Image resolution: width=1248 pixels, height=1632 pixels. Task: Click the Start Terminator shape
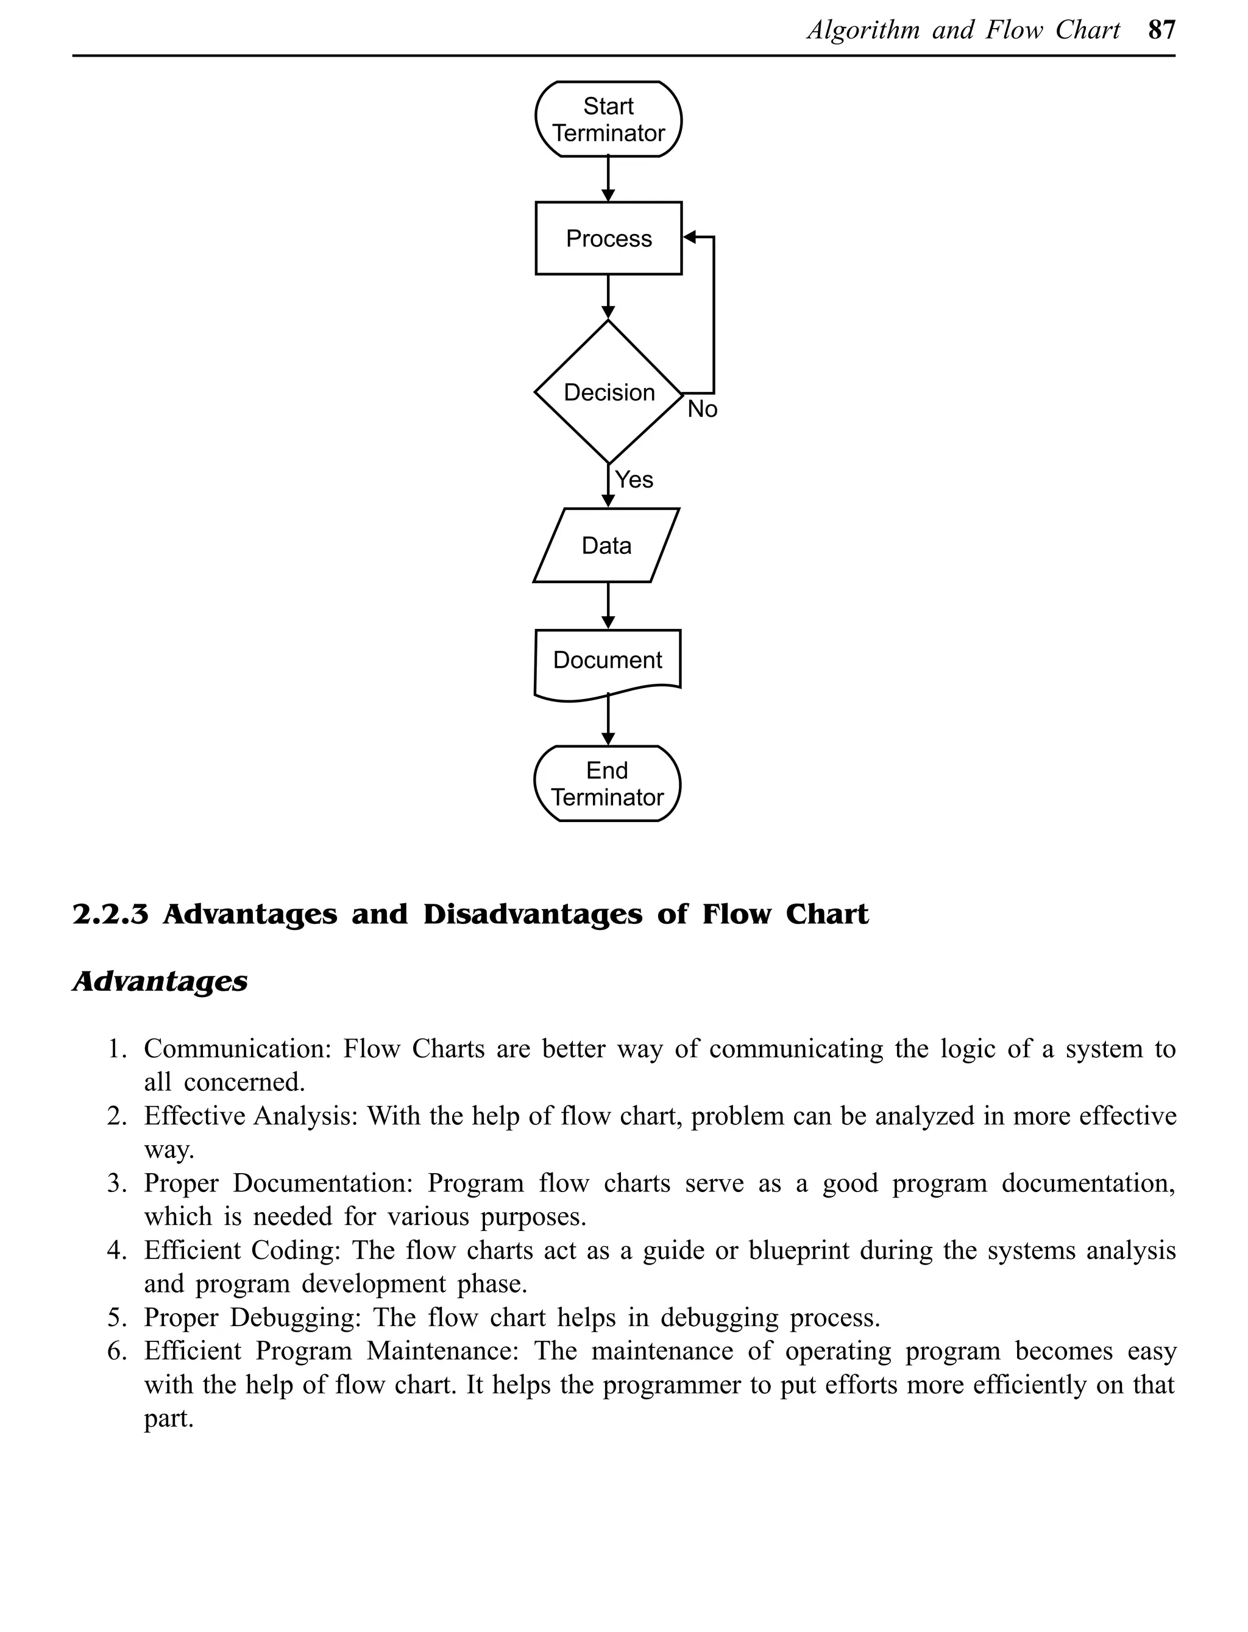coord(608,119)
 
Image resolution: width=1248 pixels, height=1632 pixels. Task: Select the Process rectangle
coord(608,238)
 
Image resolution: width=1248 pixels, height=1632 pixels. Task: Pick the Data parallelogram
coord(606,545)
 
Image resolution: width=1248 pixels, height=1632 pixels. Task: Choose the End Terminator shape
coord(607,783)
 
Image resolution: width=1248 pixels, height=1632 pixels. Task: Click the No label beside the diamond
coord(702,410)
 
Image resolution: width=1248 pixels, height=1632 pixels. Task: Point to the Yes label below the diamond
coord(634,480)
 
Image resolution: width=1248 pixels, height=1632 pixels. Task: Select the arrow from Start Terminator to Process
coord(608,179)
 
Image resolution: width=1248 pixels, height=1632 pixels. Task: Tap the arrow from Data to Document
coord(608,605)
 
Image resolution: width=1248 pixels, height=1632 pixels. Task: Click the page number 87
coord(1161,30)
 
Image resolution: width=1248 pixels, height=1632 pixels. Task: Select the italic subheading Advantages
coord(160,981)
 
